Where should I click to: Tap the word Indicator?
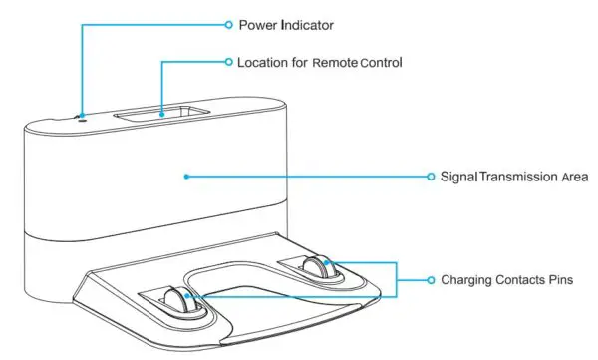306,23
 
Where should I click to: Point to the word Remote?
333,62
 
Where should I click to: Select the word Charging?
467,280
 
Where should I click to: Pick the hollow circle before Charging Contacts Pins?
430,280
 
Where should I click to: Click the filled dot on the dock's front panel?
185,176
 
